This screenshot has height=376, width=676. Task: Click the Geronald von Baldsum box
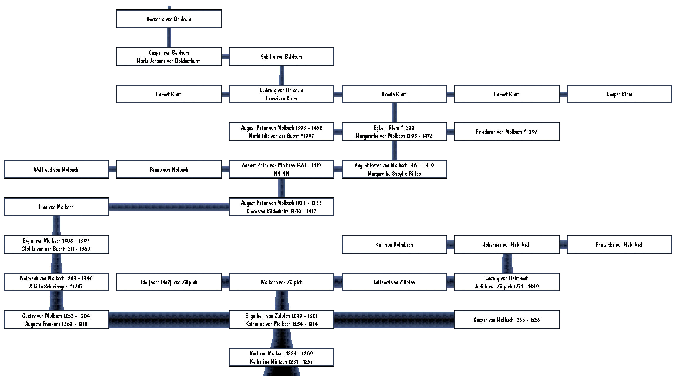169,19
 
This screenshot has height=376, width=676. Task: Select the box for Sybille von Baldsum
282,56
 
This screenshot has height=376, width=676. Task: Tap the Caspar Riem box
620,94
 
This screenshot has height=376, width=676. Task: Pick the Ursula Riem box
394,94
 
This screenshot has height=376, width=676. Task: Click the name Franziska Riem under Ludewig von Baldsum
281,98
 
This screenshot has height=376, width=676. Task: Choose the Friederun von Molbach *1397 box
507,132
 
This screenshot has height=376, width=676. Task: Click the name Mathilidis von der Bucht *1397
281,136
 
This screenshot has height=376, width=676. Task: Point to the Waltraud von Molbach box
56,169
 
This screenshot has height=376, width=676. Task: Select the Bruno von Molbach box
169,169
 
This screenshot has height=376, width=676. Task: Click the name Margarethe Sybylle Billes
394,174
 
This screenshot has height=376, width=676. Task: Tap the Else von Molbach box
56,207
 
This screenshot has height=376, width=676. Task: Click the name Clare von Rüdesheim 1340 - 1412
281,211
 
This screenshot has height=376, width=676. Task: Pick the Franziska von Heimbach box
620,244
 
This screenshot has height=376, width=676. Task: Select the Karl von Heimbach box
394,244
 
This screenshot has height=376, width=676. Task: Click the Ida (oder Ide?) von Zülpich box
169,282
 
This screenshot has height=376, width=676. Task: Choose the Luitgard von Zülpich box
394,282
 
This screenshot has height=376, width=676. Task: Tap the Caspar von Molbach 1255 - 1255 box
507,320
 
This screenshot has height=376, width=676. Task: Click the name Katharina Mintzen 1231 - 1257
281,362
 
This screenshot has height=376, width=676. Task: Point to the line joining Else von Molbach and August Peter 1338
169,207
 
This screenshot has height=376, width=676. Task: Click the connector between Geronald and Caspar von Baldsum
169,38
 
